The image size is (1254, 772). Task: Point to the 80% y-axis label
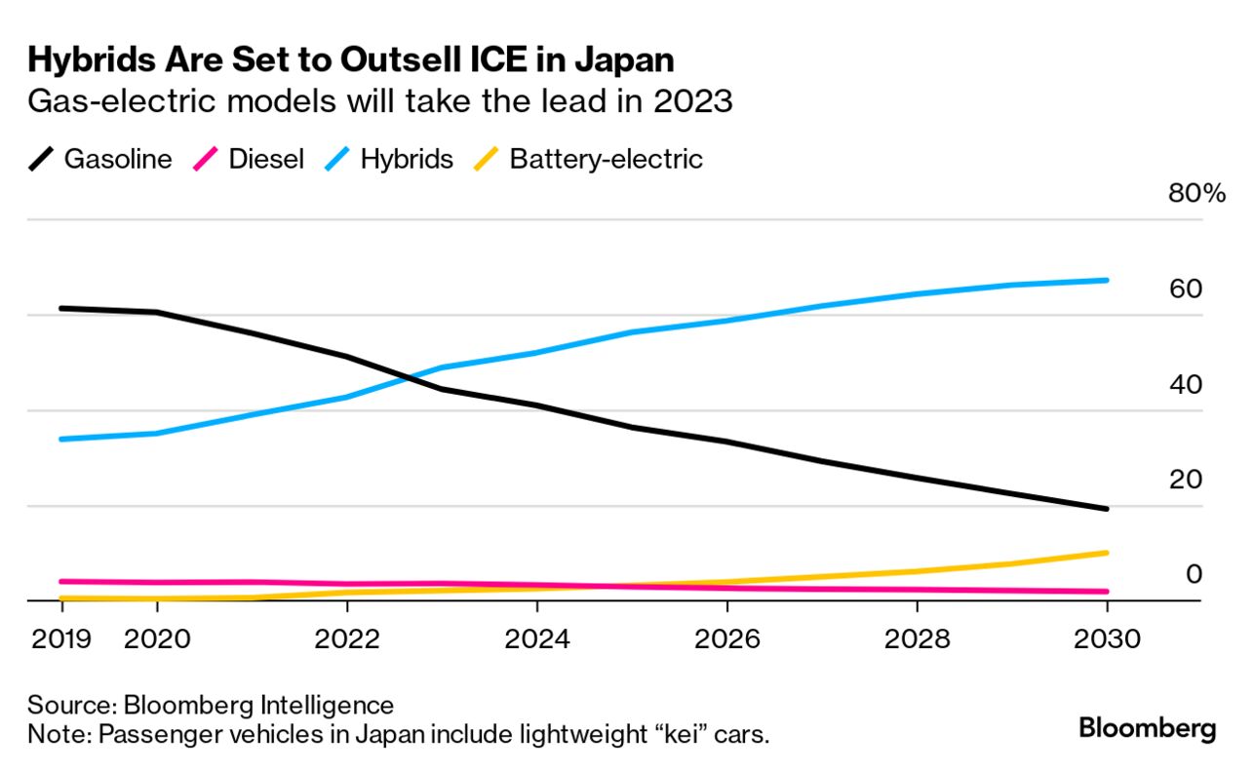1195,193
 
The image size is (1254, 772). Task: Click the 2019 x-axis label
61,639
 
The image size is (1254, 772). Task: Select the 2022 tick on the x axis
347,639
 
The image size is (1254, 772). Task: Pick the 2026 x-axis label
727,639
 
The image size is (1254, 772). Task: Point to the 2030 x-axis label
1106,639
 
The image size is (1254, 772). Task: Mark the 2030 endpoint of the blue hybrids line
1106,280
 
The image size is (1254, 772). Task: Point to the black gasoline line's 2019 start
61,308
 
